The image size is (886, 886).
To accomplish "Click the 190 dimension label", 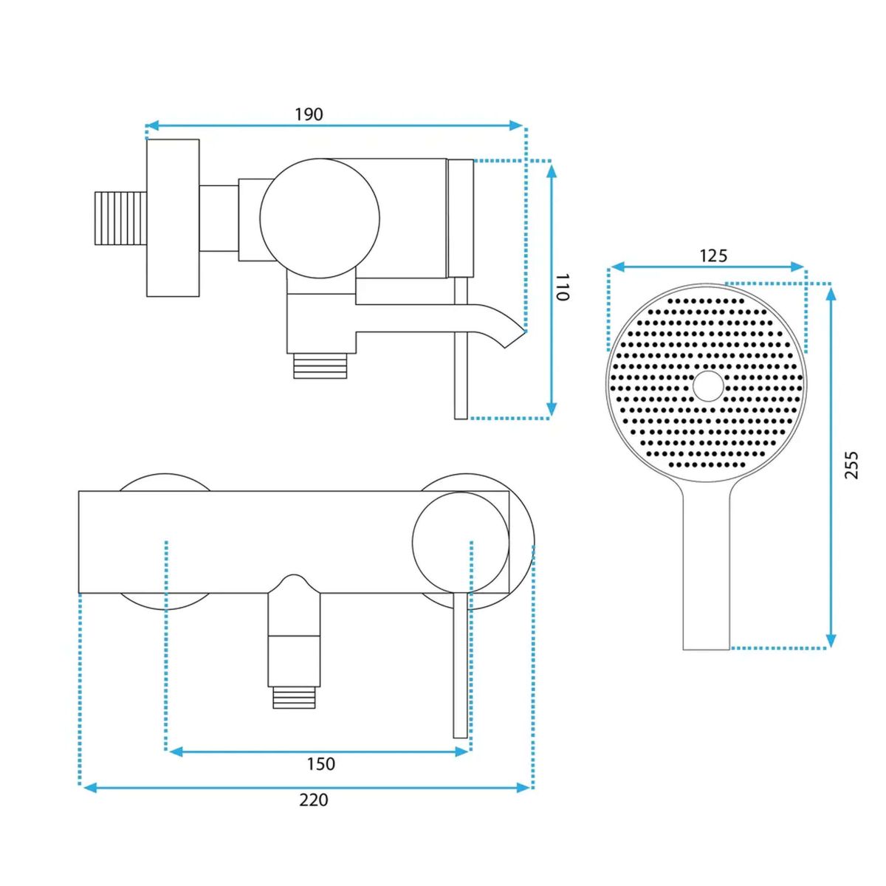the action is click(309, 114).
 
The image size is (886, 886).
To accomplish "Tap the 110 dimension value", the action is click(563, 287).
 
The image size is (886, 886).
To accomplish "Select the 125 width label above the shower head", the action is click(713, 255).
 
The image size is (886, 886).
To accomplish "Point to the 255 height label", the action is click(851, 465).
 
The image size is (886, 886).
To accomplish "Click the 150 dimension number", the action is click(321, 763).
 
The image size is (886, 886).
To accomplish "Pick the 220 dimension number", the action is click(314, 813).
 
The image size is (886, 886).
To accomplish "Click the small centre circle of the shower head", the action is click(708, 385).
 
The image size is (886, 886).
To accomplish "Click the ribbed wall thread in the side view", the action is click(120, 218).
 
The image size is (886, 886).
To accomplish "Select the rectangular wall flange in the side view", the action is click(173, 218).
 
